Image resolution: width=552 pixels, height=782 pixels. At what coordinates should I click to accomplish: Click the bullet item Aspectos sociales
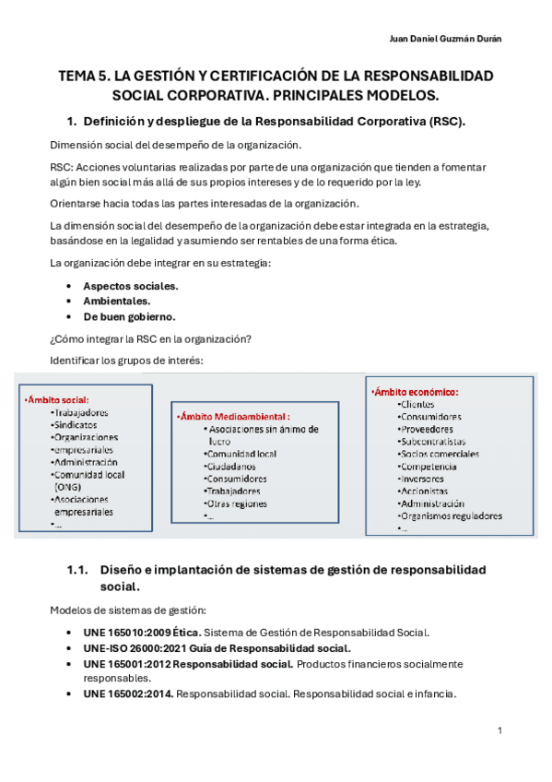[131, 286]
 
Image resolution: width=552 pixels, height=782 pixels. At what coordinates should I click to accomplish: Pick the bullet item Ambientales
[117, 301]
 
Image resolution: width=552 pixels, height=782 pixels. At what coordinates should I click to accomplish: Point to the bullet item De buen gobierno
[129, 315]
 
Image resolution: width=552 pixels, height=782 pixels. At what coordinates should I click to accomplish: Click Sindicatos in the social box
[76, 424]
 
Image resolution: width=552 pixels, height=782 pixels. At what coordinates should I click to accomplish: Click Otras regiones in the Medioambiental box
[238, 504]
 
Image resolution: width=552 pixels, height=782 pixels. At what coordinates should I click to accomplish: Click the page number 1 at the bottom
[499, 730]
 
